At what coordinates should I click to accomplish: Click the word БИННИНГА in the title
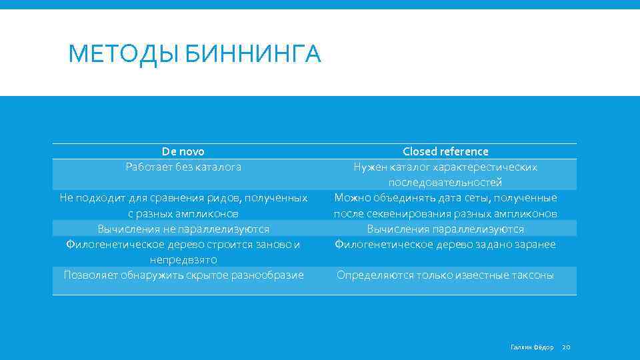pyautogui.click(x=253, y=53)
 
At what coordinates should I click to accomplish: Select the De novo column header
pyautogui.click(x=183, y=152)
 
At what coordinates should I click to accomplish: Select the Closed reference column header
pyautogui.click(x=445, y=152)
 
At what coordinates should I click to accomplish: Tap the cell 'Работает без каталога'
pyautogui.click(x=183, y=167)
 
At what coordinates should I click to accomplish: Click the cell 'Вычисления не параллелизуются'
pyautogui.click(x=183, y=229)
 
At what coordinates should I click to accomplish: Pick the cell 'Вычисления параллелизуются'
pyautogui.click(x=445, y=229)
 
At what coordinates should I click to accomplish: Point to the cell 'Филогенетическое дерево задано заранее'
pyautogui.click(x=445, y=245)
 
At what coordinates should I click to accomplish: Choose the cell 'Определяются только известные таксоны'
pyautogui.click(x=445, y=275)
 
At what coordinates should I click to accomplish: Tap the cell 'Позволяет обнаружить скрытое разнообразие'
pyautogui.click(x=183, y=275)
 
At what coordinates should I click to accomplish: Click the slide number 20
pyautogui.click(x=567, y=347)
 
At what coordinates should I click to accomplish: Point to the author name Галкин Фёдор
pyautogui.click(x=532, y=347)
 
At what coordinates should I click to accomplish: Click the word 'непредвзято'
pyautogui.click(x=183, y=259)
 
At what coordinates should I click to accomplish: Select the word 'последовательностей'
pyautogui.click(x=445, y=183)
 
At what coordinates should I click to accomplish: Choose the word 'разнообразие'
pyautogui.click(x=270, y=275)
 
